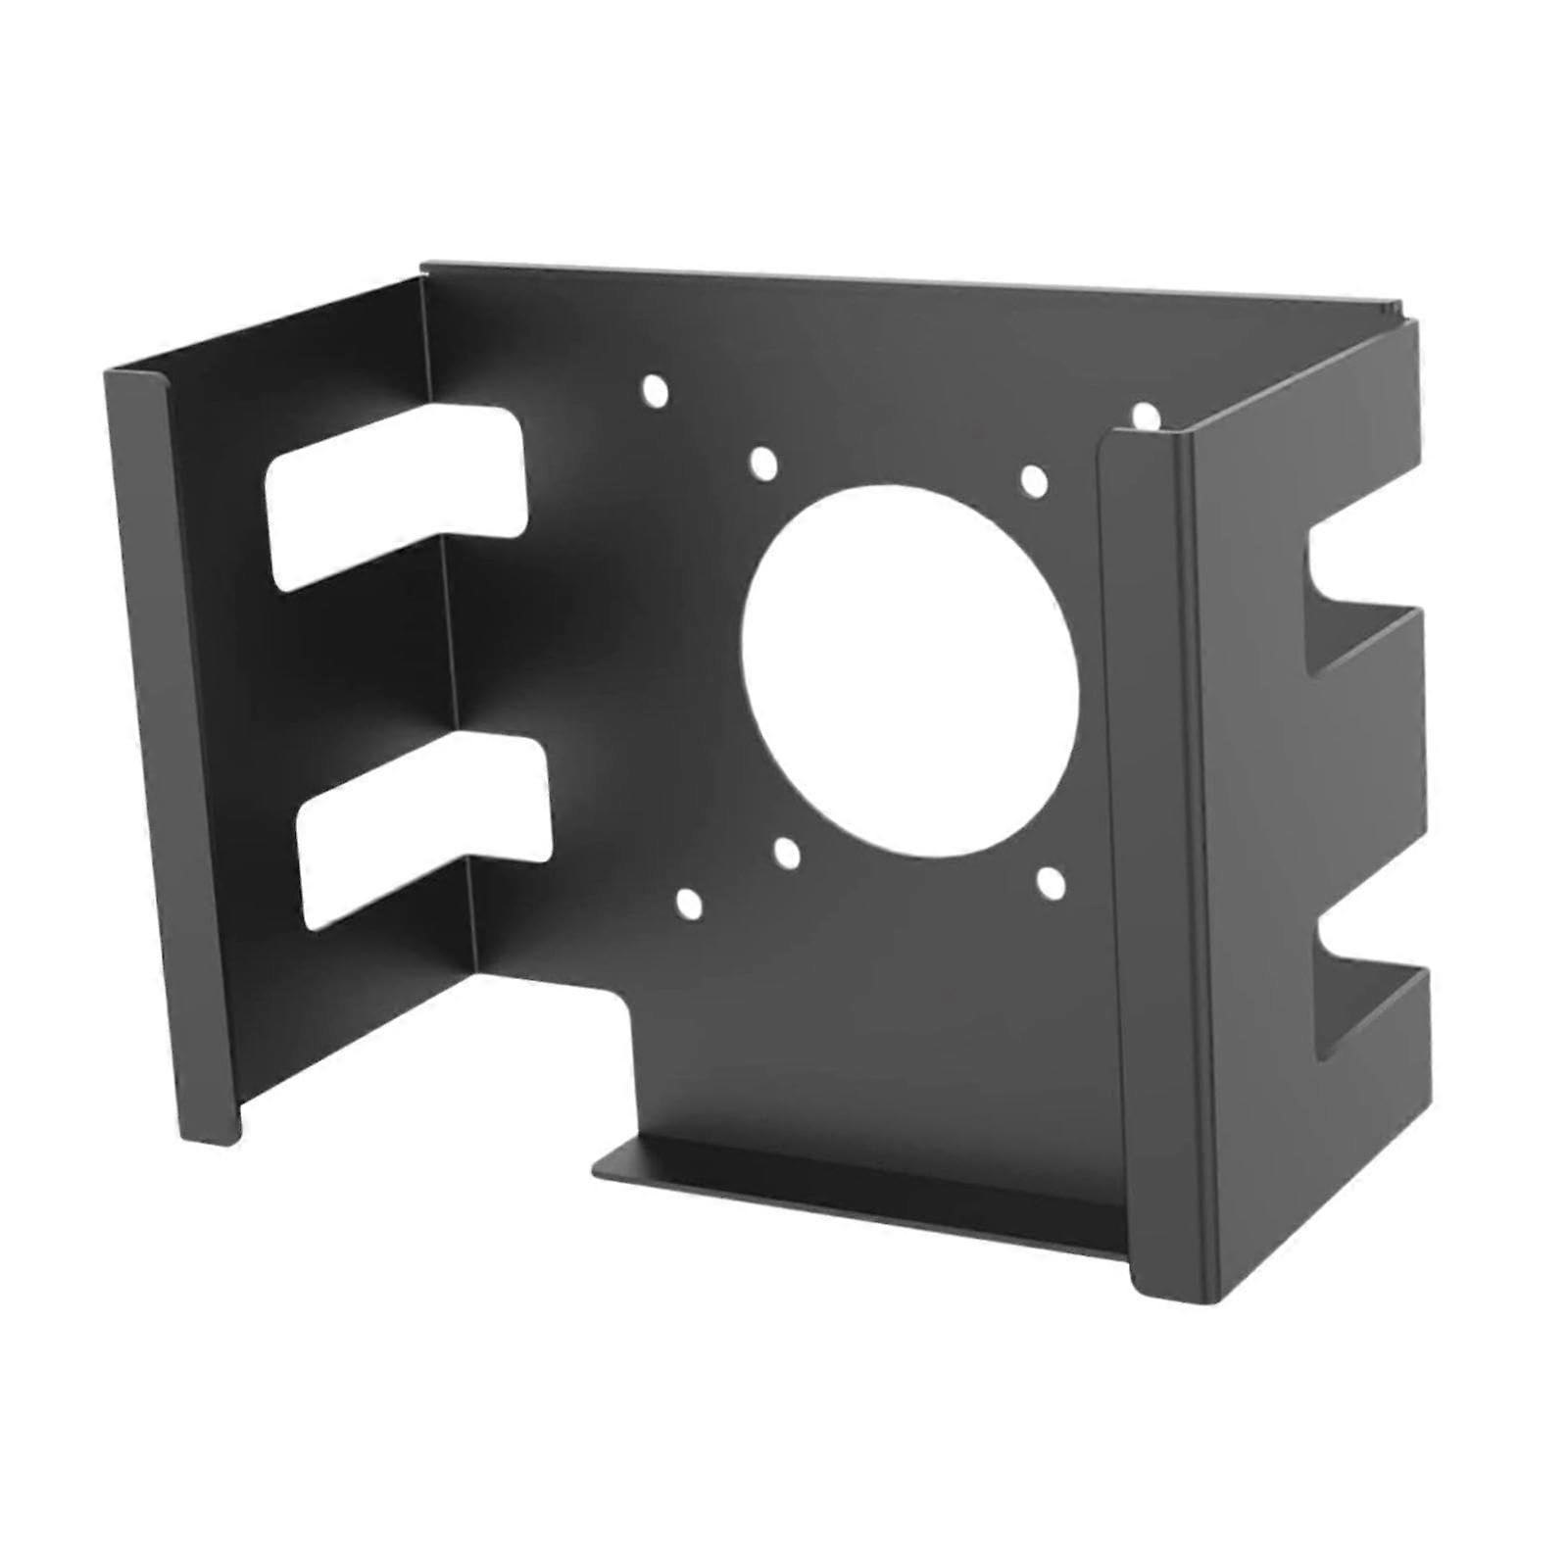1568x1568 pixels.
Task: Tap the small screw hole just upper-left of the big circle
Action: (762, 462)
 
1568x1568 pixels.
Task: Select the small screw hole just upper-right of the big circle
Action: (1034, 480)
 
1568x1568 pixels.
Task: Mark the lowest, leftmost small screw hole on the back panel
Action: (690, 905)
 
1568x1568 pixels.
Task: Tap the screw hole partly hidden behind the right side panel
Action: (1145, 416)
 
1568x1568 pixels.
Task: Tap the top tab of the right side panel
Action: (1362, 441)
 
